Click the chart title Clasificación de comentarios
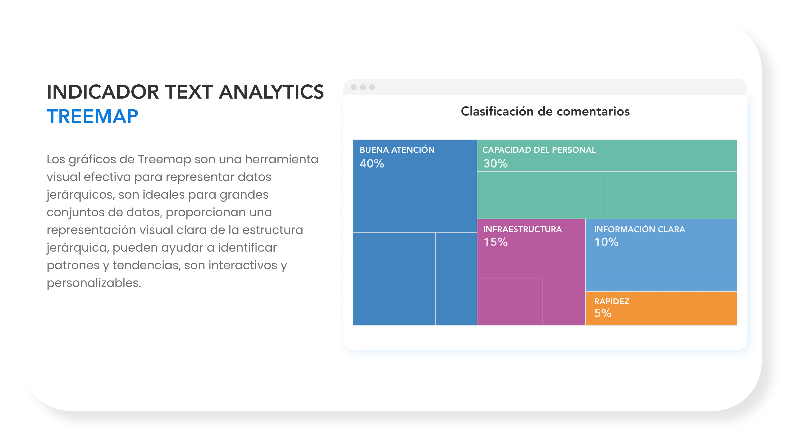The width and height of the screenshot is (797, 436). coord(545,111)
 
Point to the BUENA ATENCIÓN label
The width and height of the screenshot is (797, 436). coord(397,150)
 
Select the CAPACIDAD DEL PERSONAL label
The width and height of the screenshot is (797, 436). coord(539,150)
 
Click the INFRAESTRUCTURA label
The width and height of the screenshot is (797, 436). coord(522,229)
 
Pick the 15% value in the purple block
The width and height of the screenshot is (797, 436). coord(495,242)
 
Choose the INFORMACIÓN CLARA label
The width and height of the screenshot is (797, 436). coord(639,229)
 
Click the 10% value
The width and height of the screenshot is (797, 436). coord(606,242)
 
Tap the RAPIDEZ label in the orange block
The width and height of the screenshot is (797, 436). coord(611,301)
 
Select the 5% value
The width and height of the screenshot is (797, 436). coord(603,313)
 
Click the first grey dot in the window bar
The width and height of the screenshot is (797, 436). coord(354,87)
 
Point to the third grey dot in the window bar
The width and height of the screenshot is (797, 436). coord(372,87)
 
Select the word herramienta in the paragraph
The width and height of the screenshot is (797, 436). coord(282,159)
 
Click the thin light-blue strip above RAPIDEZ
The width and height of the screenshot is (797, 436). coord(661,285)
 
